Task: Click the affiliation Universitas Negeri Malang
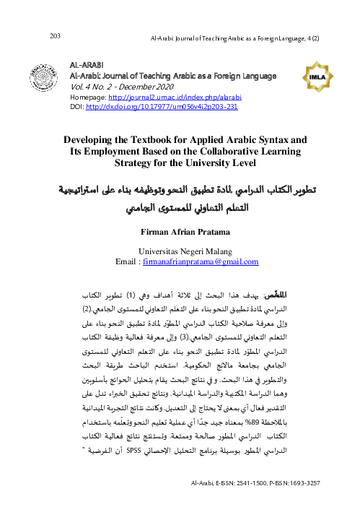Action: click(x=180, y=252)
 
